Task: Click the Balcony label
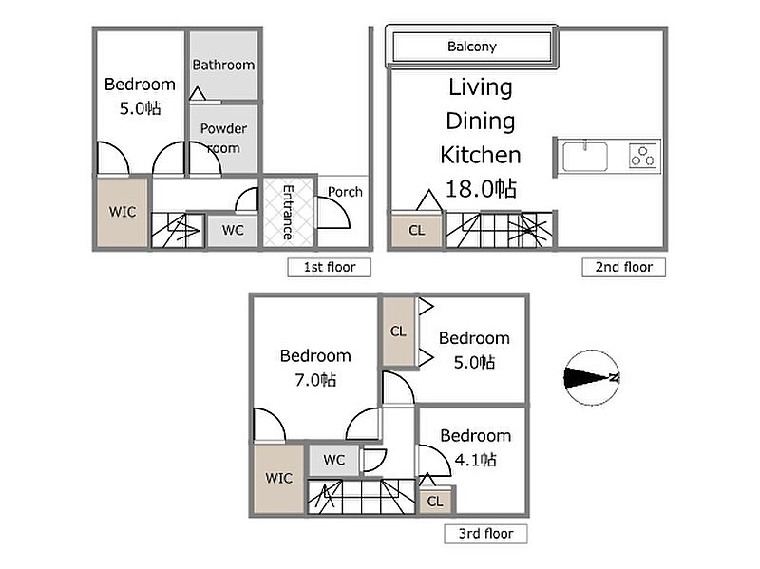tap(471, 47)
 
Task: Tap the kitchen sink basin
tap(585, 157)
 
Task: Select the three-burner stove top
tap(643, 156)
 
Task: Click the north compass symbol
tap(592, 377)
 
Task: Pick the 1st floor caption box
tap(329, 267)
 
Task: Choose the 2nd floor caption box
tap(624, 267)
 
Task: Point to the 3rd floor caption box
tap(485, 534)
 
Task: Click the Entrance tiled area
tap(289, 212)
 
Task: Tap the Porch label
tap(345, 192)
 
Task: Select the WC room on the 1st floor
tap(233, 230)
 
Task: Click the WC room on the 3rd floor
tap(334, 460)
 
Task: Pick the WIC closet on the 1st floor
tap(123, 212)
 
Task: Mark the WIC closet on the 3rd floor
tap(278, 479)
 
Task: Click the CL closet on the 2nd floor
tap(417, 230)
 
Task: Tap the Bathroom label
tap(223, 65)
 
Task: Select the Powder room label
tap(223, 138)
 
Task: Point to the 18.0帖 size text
tap(481, 188)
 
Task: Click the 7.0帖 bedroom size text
tap(315, 380)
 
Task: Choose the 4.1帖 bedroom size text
tap(476, 459)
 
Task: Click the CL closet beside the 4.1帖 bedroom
tap(435, 502)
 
